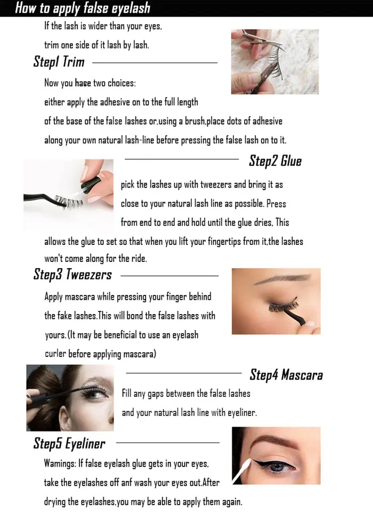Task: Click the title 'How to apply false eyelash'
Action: click(83, 8)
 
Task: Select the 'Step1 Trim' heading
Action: click(59, 62)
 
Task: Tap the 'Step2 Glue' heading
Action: click(275, 161)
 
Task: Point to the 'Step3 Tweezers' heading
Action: click(72, 275)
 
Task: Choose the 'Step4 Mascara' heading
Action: click(286, 374)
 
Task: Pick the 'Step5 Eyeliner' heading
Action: click(69, 443)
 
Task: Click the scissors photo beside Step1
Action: click(274, 61)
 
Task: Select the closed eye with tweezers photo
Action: click(275, 301)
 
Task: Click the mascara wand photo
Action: click(70, 397)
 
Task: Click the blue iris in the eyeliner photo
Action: click(275, 468)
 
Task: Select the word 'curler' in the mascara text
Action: click(55, 354)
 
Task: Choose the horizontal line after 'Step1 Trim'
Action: click(155, 62)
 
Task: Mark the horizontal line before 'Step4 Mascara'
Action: click(183, 373)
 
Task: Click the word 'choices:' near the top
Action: click(121, 83)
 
